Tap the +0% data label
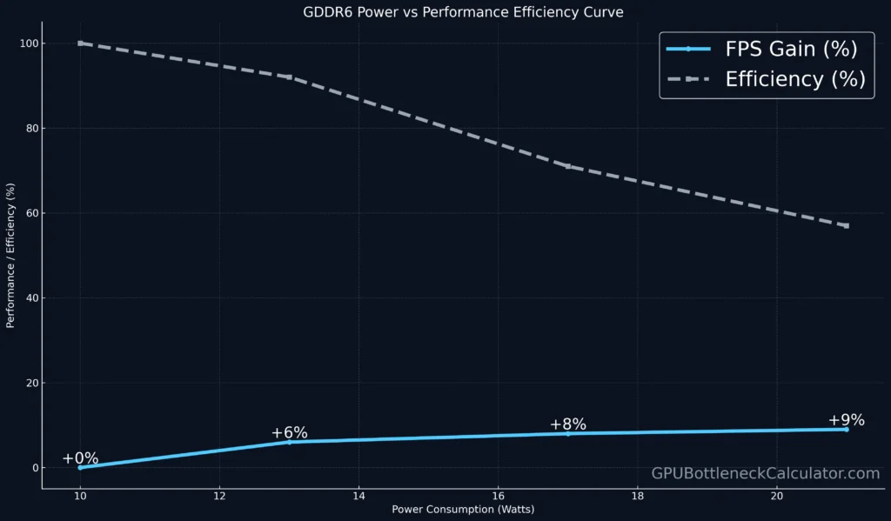coord(80,458)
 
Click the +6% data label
coord(289,433)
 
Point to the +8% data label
coord(568,424)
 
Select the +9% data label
coord(846,420)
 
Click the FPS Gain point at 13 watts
coord(290,442)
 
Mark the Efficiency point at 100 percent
coord(80,43)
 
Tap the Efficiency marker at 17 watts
coord(568,166)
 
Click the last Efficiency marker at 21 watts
coord(847,226)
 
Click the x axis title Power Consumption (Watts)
coord(463,510)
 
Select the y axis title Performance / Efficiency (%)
coord(10,256)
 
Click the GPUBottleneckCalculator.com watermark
coord(766,473)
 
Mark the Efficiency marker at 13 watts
coord(290,77)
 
